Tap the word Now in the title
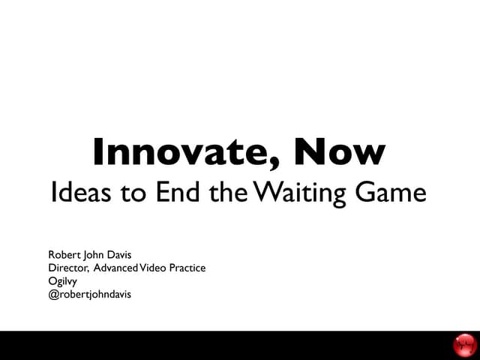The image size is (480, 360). pyautogui.click(x=340, y=152)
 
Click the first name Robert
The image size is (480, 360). pyautogui.click(x=65, y=255)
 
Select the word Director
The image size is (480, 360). pyautogui.click(x=68, y=268)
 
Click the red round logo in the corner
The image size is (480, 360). pyautogui.click(x=465, y=346)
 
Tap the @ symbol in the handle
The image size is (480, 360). pyautogui.click(x=52, y=294)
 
